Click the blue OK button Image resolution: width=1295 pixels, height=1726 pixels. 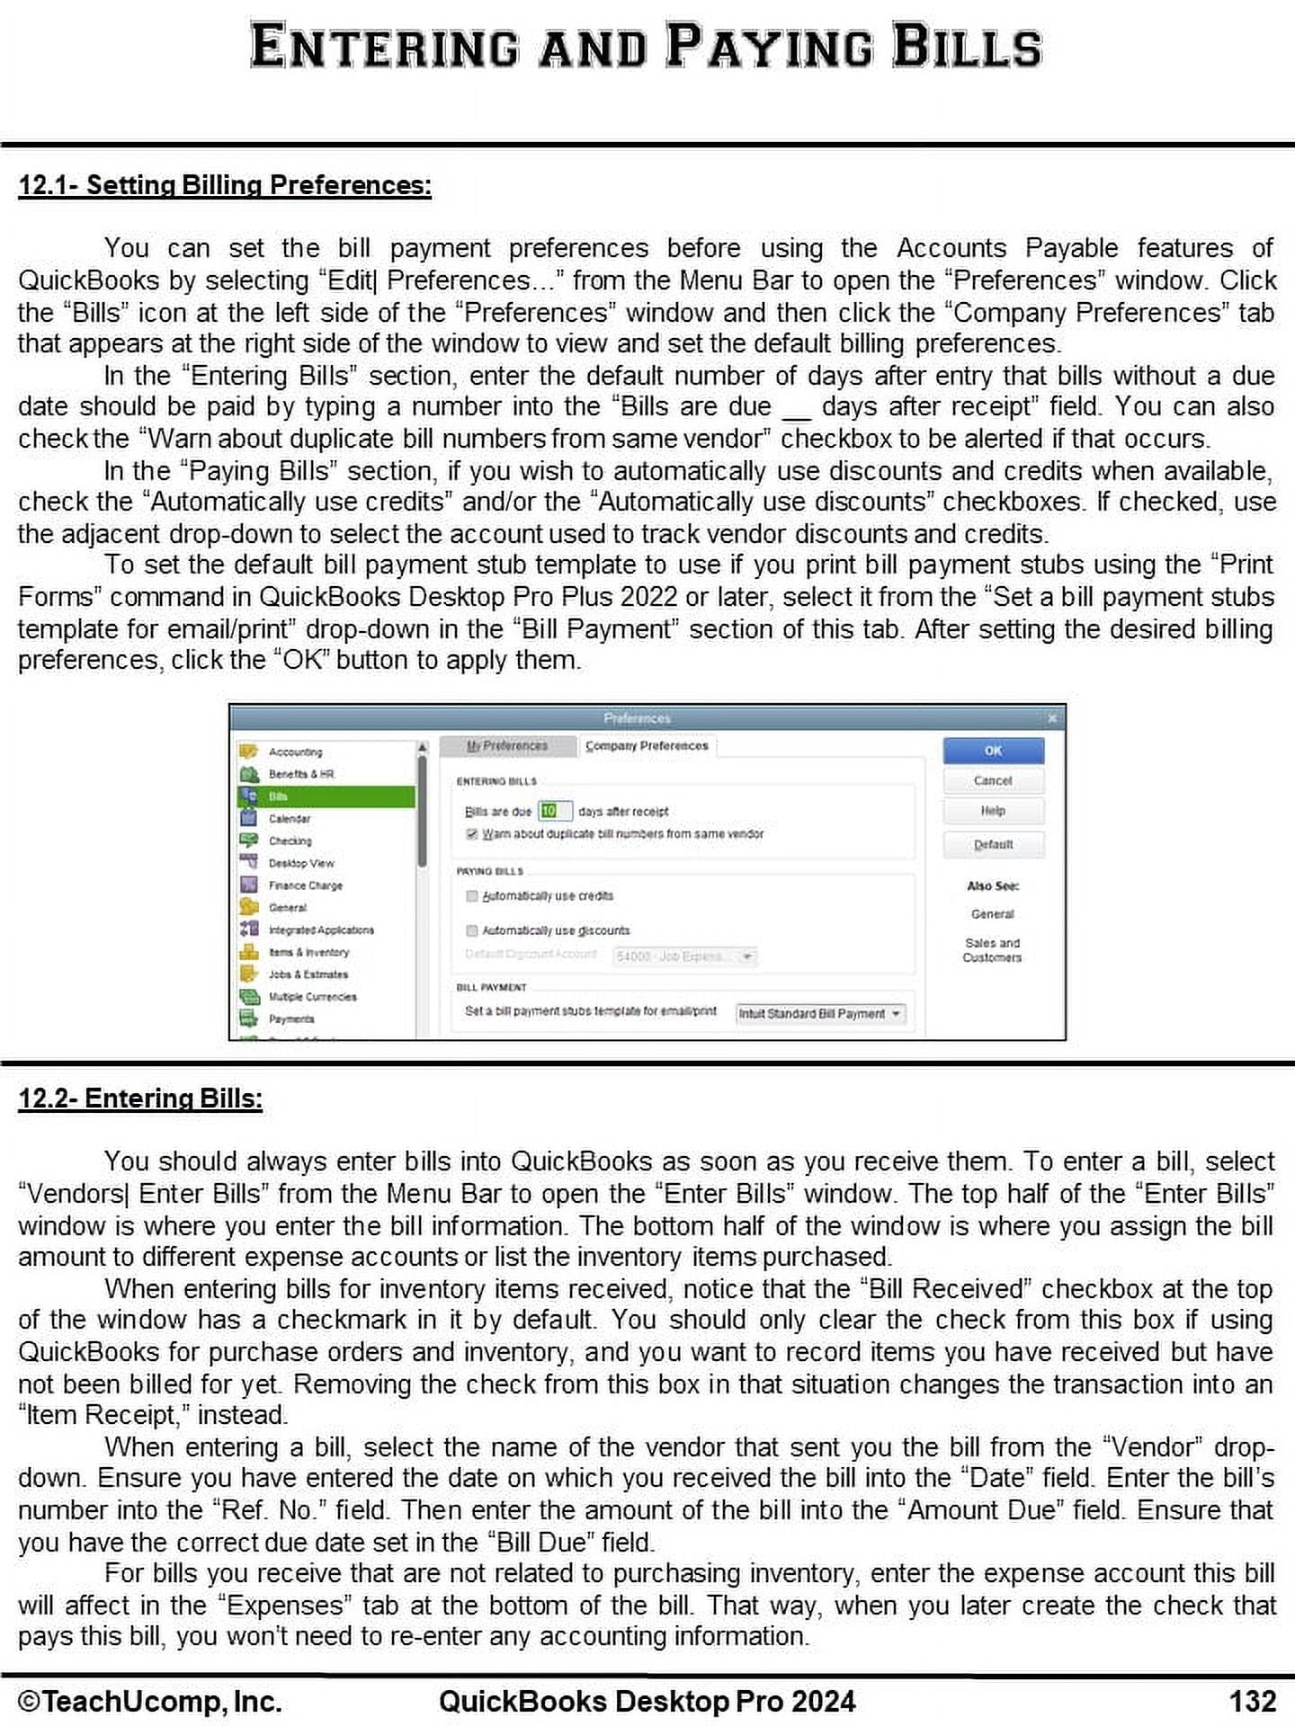tap(993, 751)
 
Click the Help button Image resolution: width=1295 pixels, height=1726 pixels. tap(993, 811)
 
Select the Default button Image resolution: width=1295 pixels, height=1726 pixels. tap(993, 844)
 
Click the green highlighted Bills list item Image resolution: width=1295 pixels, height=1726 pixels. tap(326, 796)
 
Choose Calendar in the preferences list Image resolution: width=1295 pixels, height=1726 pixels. tap(290, 819)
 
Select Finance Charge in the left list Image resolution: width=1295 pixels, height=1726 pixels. tap(305, 885)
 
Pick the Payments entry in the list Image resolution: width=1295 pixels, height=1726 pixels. tap(291, 1019)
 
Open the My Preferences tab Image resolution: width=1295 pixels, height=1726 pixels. tap(507, 746)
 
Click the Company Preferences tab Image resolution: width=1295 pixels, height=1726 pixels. tap(647, 746)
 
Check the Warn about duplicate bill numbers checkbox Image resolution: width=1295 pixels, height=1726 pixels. tap(472, 834)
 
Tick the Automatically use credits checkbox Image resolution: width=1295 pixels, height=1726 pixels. tap(472, 896)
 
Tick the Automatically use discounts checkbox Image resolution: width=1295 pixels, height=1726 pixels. tap(472, 930)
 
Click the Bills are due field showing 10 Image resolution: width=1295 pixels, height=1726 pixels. tap(554, 811)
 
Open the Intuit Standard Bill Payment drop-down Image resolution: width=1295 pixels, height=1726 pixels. tap(819, 1014)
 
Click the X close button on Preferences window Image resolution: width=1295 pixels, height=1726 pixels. tap(1052, 718)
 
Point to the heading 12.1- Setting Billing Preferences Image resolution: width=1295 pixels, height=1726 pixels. tap(225, 185)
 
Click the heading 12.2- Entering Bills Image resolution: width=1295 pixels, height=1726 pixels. tap(140, 1099)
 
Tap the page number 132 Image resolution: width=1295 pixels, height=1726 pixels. tap(1252, 1702)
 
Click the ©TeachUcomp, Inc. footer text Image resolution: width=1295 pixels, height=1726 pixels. tap(150, 1702)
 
